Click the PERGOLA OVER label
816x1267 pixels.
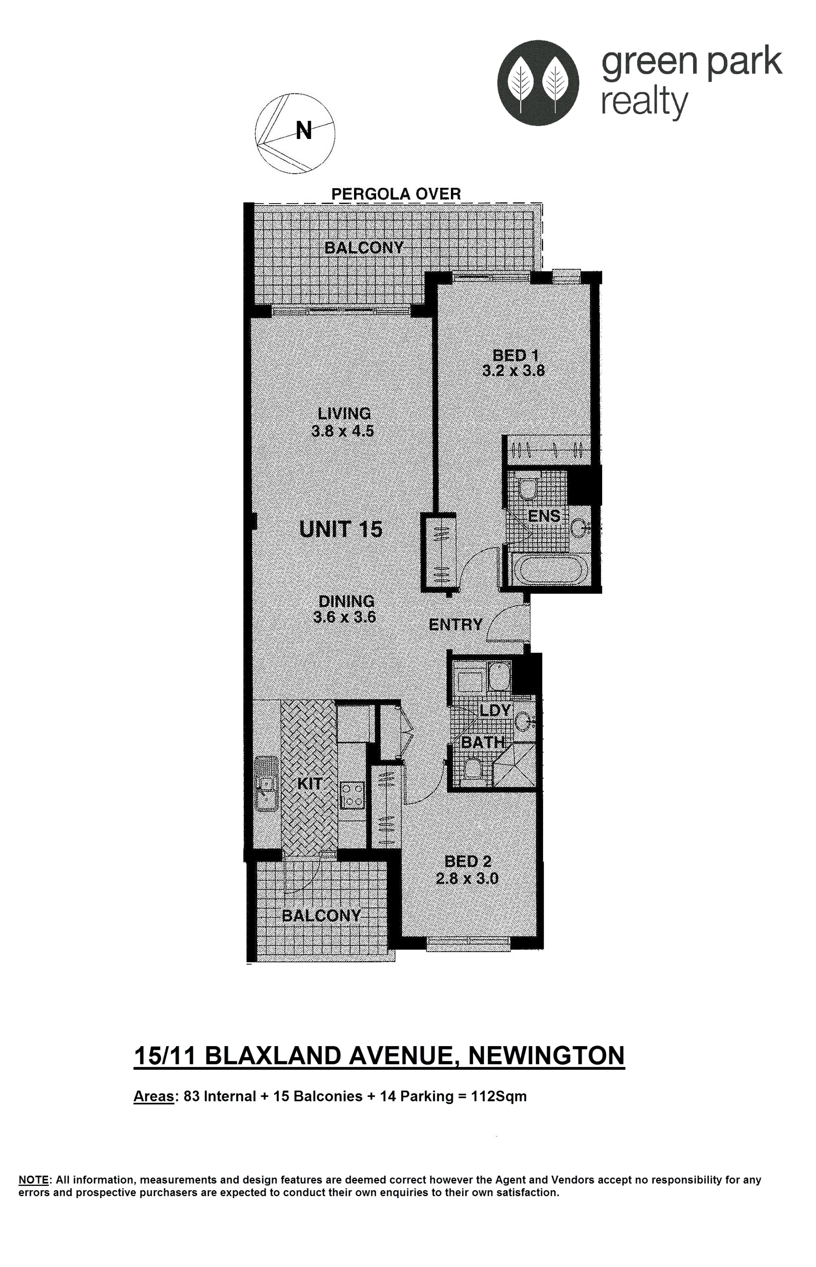pyautogui.click(x=396, y=194)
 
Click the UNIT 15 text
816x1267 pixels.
pyautogui.click(x=341, y=529)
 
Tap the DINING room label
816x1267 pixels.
pyautogui.click(x=346, y=601)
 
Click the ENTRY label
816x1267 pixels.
pyautogui.click(x=456, y=625)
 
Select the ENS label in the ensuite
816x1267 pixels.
pyautogui.click(x=544, y=516)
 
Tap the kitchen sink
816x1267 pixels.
pyautogui.click(x=266, y=784)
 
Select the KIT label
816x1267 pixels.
pyautogui.click(x=309, y=784)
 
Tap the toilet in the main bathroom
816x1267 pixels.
pyautogui.click(x=472, y=769)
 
